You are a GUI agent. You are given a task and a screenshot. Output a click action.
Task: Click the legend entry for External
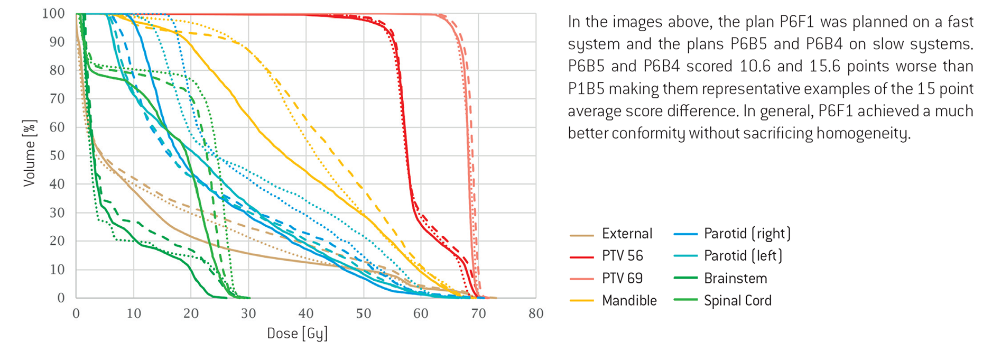pos(627,234)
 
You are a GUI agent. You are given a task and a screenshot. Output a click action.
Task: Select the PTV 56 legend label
pos(622,256)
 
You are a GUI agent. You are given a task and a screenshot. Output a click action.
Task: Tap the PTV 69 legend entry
pos(622,278)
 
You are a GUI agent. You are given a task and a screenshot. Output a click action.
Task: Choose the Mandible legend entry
pos(629,301)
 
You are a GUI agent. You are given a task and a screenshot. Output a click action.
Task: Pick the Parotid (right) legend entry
pos(747,234)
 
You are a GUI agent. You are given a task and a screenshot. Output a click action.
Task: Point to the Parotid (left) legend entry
pos(743,256)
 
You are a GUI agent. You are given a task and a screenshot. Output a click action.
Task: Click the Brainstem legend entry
pos(735,279)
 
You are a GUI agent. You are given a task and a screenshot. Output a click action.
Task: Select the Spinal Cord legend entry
pos(737,301)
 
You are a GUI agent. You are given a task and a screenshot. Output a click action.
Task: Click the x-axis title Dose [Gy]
pos(297,334)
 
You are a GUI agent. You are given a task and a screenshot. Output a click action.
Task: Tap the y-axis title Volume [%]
pos(29,153)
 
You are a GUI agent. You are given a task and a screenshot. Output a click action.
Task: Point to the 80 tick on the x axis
pos(535,313)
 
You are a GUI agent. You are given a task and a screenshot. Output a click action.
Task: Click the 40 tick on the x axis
pos(305,313)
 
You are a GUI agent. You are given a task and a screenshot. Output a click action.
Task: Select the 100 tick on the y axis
pos(53,14)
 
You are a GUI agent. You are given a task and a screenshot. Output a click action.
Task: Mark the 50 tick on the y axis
pos(57,155)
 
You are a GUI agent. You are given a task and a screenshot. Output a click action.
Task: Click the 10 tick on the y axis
pos(57,269)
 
